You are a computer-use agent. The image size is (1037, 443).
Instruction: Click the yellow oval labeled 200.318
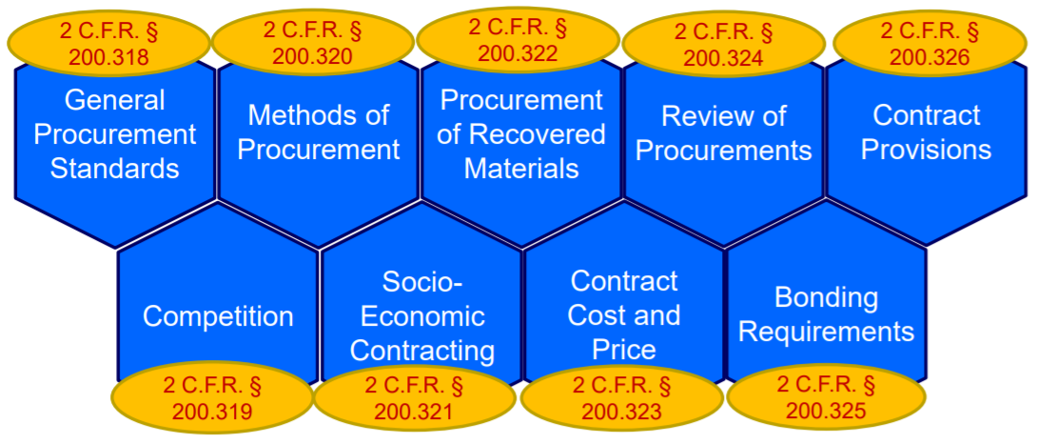(x=108, y=44)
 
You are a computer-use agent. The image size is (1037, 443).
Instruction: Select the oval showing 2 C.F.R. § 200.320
(x=313, y=42)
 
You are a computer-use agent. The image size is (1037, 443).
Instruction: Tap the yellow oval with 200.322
(x=518, y=39)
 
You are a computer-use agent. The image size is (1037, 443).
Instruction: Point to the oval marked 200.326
(x=930, y=44)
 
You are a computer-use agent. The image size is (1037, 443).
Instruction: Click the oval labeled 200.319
(x=212, y=399)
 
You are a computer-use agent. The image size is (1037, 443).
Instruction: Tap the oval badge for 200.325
(x=826, y=398)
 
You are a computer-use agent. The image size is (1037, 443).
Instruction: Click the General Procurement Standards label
(x=115, y=134)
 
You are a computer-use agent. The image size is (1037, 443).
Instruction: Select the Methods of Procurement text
(x=319, y=132)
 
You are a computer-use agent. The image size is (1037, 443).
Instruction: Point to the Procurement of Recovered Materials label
(x=521, y=134)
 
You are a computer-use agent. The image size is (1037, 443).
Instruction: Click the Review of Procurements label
(x=724, y=133)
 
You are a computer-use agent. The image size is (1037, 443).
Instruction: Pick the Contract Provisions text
(x=926, y=132)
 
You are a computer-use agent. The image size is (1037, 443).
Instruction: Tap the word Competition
(x=218, y=316)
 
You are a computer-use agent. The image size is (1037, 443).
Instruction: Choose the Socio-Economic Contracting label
(x=422, y=315)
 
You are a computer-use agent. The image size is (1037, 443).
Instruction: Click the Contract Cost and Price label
(x=624, y=314)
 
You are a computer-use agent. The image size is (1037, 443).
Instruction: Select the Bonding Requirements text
(x=826, y=314)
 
